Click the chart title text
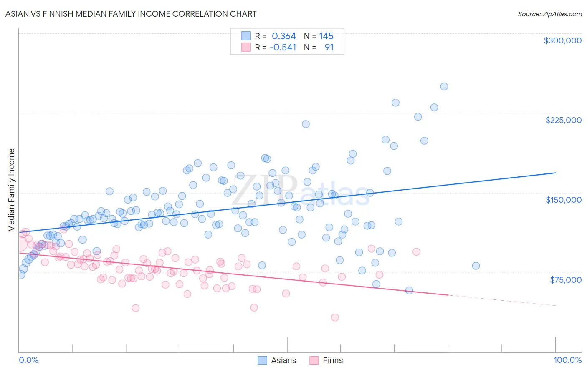pyautogui.click(x=131, y=14)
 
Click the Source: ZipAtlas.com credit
pyautogui.click(x=549, y=14)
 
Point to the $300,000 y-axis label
pyautogui.click(x=562, y=40)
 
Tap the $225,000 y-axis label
pyautogui.click(x=563, y=120)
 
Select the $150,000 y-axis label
pyautogui.click(x=563, y=200)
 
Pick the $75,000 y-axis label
pyautogui.click(x=565, y=280)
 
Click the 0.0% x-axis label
pyautogui.click(x=28, y=360)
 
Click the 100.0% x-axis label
pyautogui.click(x=567, y=360)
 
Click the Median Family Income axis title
pyautogui.click(x=12, y=190)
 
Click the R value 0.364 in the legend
pyautogui.click(x=283, y=36)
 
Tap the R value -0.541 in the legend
pyautogui.click(x=283, y=48)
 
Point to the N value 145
pyautogui.click(x=326, y=36)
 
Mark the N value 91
pyautogui.click(x=329, y=48)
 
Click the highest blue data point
pyautogui.click(x=444, y=87)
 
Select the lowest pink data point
pyautogui.click(x=335, y=317)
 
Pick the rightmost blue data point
pyautogui.click(x=476, y=266)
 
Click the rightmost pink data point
pyautogui.click(x=416, y=252)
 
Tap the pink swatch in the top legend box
pyautogui.click(x=246, y=47)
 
